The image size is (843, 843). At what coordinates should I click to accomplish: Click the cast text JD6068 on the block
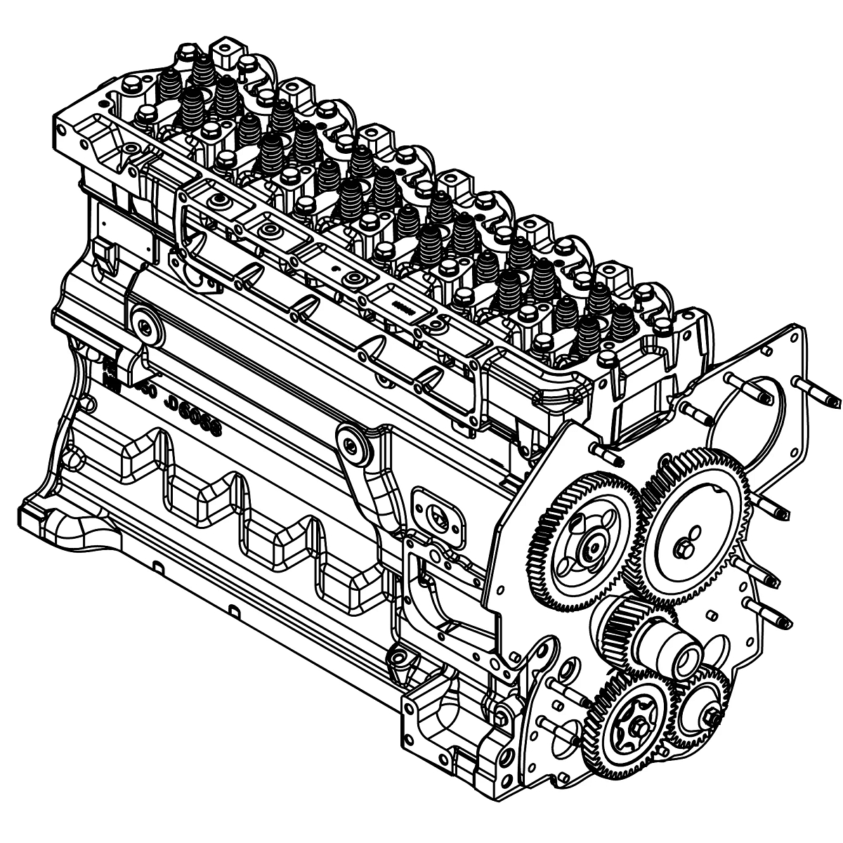tap(191, 415)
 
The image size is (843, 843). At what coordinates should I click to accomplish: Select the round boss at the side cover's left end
tap(145, 325)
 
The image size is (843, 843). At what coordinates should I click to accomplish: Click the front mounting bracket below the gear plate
tap(450, 731)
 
